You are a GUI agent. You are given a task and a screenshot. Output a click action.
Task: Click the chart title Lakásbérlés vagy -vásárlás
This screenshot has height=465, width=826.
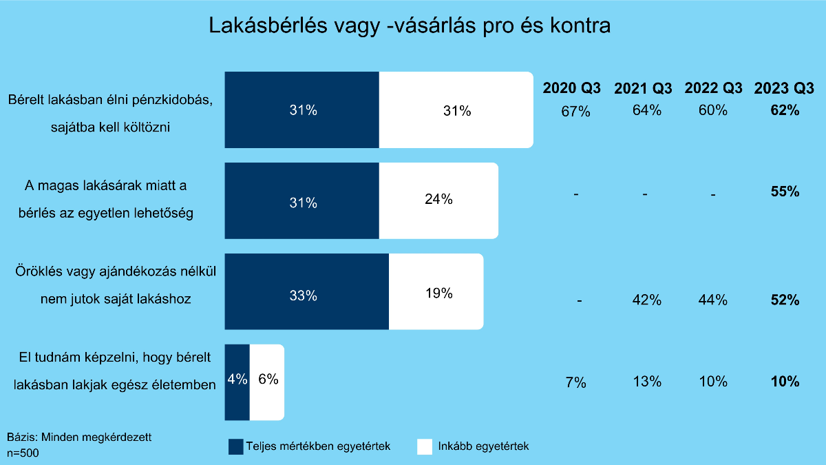tap(410, 26)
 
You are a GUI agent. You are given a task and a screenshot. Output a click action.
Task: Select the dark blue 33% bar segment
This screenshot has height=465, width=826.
tap(306, 296)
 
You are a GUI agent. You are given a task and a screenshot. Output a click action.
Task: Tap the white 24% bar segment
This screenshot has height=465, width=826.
tap(438, 200)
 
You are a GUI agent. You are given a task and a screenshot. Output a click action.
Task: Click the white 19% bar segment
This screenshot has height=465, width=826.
tap(436, 293)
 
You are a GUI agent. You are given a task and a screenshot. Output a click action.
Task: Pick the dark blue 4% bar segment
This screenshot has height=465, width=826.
tap(237, 382)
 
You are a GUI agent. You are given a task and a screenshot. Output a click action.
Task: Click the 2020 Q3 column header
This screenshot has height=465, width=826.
tap(572, 88)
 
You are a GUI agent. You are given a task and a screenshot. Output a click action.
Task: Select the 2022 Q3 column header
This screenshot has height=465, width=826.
tap(713, 88)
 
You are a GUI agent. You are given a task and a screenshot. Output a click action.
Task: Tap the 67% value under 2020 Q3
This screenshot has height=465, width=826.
tap(575, 112)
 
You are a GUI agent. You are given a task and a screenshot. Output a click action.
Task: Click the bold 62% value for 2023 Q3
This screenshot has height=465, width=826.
tap(785, 110)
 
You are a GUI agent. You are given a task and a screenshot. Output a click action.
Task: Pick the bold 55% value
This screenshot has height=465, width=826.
tap(785, 192)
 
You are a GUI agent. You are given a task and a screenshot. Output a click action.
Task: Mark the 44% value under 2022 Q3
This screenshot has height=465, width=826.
tap(713, 300)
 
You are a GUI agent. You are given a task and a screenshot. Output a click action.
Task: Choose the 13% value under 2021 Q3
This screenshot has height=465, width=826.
tap(646, 382)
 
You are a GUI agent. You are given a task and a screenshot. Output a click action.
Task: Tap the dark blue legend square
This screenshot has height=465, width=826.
tap(235, 446)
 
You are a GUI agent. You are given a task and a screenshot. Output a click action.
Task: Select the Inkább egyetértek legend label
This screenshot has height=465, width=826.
tap(483, 446)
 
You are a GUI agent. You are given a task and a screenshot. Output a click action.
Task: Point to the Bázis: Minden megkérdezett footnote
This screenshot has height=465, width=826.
tap(79, 437)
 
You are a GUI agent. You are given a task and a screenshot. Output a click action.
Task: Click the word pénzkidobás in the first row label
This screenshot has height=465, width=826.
tap(176, 100)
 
